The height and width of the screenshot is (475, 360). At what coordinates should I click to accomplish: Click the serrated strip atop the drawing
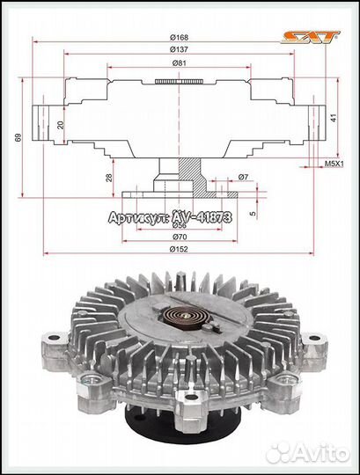tap(178, 82)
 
